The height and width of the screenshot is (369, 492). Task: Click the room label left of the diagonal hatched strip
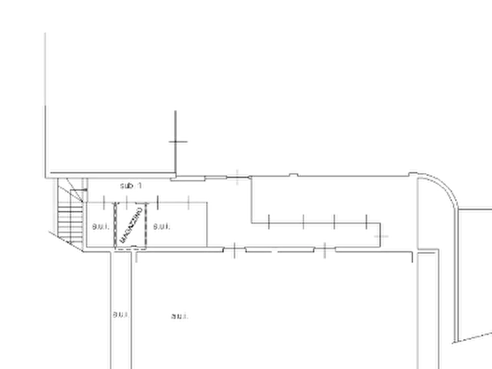click(x=96, y=226)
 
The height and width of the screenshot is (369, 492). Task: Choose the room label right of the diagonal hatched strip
click(x=163, y=226)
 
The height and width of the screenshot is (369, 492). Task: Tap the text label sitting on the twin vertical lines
click(x=120, y=316)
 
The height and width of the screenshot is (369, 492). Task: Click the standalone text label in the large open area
click(x=181, y=316)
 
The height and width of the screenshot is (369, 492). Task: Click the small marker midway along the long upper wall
click(x=294, y=175)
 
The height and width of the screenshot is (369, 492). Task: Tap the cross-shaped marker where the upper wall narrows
click(x=238, y=176)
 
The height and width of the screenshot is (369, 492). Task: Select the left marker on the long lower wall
click(x=234, y=251)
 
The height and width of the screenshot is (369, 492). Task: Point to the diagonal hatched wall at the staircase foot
click(x=65, y=242)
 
